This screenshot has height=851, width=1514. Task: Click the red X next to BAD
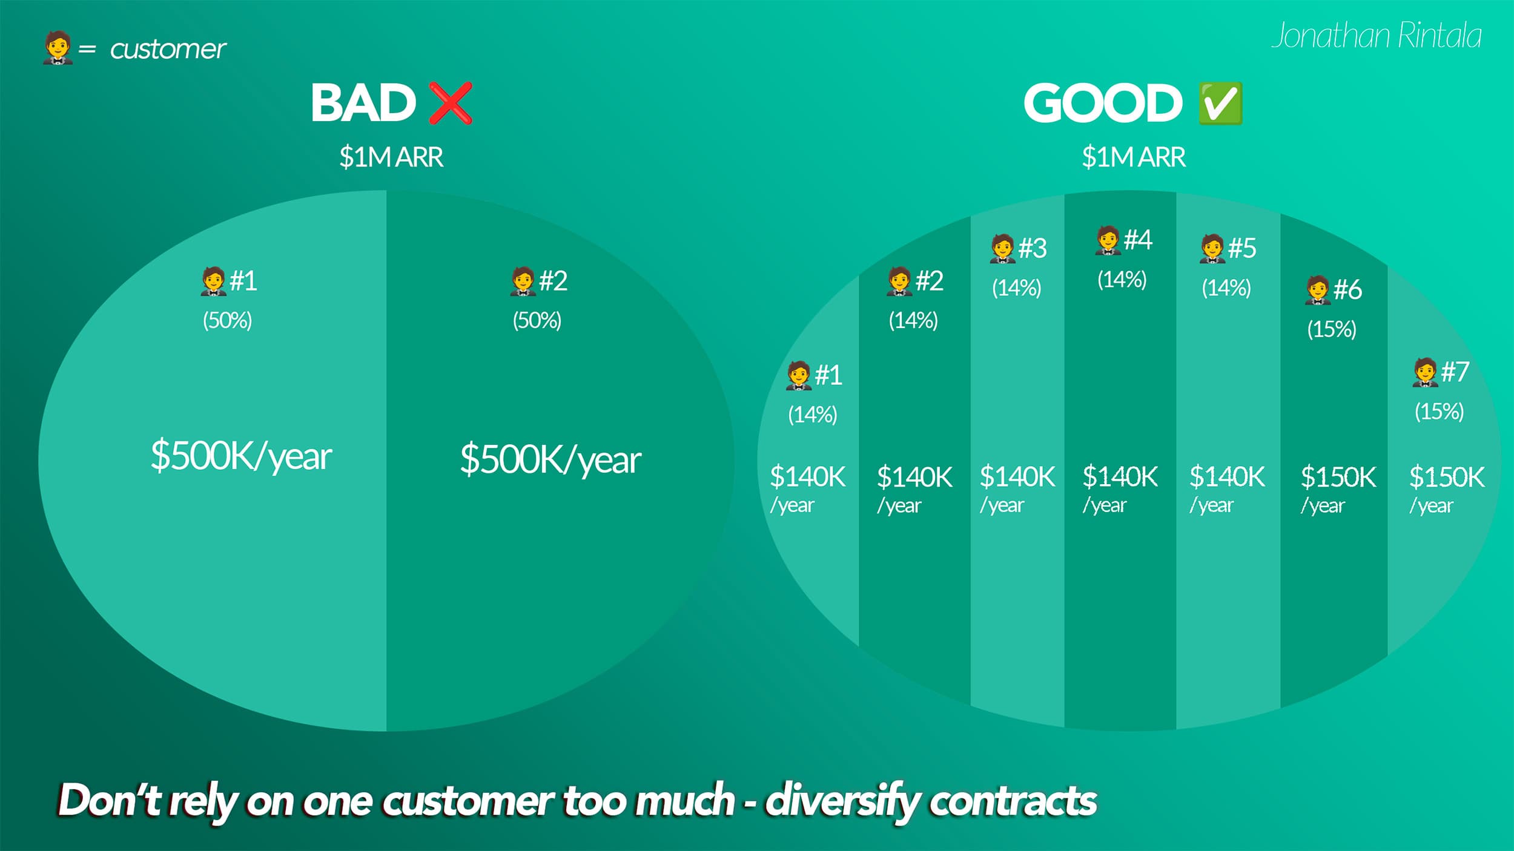click(x=450, y=103)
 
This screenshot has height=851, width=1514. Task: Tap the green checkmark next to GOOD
click(x=1220, y=103)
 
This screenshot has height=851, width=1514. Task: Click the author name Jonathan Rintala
click(x=1376, y=36)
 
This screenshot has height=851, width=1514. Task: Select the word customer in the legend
click(x=168, y=49)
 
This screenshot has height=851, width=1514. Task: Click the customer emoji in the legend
click(x=57, y=48)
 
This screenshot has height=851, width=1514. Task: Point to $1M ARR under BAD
click(x=391, y=157)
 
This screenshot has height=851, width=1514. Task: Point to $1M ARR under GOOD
click(x=1133, y=157)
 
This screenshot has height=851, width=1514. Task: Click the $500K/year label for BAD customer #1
click(x=240, y=456)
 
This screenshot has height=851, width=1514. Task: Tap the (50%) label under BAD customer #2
click(x=537, y=320)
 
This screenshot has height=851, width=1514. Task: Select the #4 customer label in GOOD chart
click(x=1137, y=240)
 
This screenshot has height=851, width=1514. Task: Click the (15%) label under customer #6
click(x=1331, y=329)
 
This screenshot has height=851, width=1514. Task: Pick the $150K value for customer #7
click(x=1446, y=477)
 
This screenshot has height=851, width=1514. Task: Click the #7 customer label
click(x=1454, y=371)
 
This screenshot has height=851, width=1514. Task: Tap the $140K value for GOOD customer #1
click(x=807, y=477)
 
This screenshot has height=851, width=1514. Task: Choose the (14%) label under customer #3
click(x=1016, y=287)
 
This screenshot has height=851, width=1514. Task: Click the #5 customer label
click(x=1241, y=248)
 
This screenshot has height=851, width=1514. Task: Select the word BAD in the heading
click(x=363, y=103)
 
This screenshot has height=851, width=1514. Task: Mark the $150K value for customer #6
click(x=1338, y=477)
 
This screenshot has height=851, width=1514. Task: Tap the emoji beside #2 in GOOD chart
click(x=899, y=281)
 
